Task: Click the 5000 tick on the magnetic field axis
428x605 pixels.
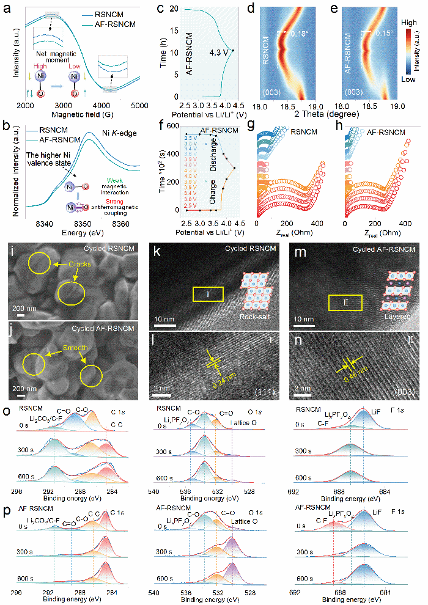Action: click(x=139, y=106)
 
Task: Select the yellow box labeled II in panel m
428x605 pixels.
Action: click(x=345, y=302)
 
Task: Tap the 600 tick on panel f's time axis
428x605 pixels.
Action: click(x=168, y=127)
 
